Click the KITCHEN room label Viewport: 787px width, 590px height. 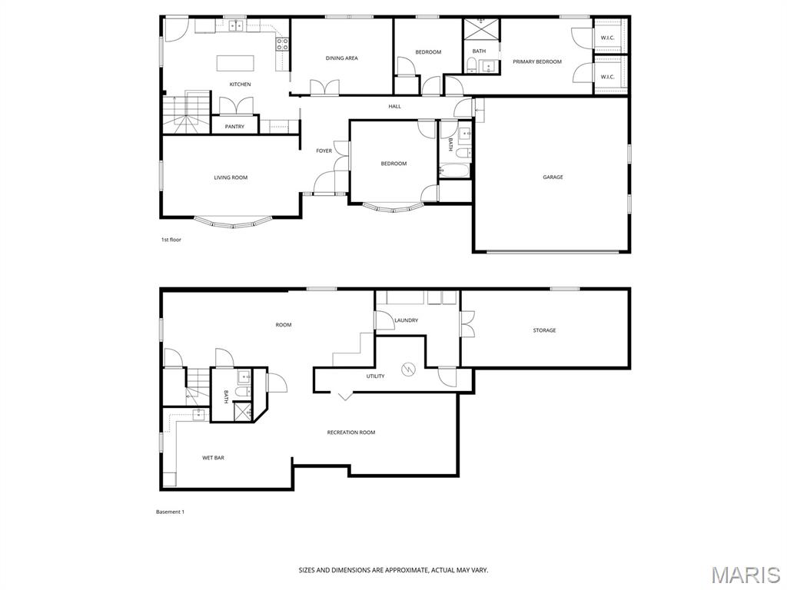(x=240, y=85)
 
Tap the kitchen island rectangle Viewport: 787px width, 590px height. (x=235, y=62)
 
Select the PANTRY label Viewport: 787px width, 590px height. (x=234, y=127)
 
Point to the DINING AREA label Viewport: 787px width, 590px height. (x=341, y=58)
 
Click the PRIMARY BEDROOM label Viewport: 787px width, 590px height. (x=537, y=62)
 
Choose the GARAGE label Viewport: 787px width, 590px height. (x=553, y=177)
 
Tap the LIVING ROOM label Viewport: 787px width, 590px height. (x=231, y=178)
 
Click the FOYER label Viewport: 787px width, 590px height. (x=324, y=151)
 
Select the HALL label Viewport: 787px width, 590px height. (x=394, y=107)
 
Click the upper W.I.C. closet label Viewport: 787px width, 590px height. (x=607, y=38)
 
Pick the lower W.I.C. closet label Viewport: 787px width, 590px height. (x=607, y=77)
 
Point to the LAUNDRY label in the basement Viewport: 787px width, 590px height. (x=406, y=320)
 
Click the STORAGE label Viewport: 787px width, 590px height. (x=544, y=331)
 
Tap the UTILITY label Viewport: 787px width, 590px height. (x=375, y=376)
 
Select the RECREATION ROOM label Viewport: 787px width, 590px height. (x=351, y=433)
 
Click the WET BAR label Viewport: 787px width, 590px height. (x=213, y=458)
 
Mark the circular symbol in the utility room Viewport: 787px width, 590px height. (x=409, y=370)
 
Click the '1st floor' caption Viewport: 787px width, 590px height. (x=171, y=240)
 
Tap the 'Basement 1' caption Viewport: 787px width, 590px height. (x=170, y=512)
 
